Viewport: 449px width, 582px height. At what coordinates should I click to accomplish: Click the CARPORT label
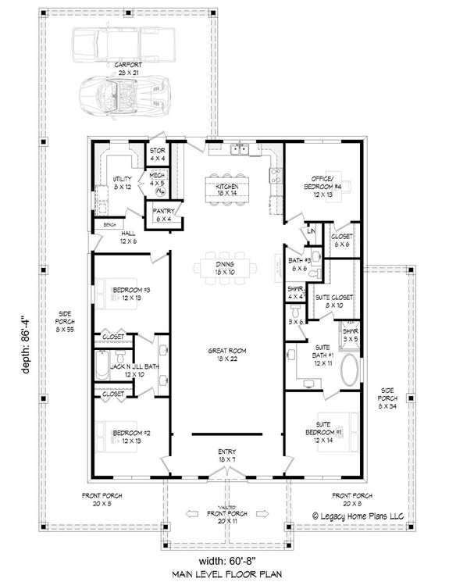127,65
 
